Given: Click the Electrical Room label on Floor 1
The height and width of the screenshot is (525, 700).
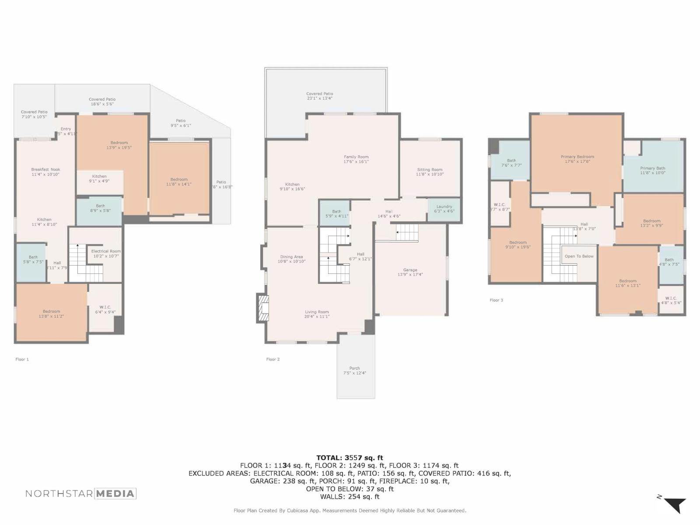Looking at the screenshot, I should point(105,252).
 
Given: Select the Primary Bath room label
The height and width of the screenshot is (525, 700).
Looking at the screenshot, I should point(652,168).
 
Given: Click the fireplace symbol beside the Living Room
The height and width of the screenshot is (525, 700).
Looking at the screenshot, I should point(263,309).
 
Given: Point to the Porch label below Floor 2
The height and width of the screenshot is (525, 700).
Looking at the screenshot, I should point(354,368).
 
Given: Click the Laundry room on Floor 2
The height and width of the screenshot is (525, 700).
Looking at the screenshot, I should point(444,209).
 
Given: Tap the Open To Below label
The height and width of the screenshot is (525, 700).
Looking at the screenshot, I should point(579,256).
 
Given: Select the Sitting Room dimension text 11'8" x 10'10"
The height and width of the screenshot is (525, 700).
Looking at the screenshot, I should point(430,174).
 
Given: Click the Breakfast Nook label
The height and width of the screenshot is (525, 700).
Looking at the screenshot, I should point(45,169).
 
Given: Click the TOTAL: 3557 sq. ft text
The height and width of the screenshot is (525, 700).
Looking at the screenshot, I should point(350,458).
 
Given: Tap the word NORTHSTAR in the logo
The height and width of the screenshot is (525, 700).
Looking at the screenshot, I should point(59,494).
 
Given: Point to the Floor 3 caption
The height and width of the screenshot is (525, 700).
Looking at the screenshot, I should point(496,300).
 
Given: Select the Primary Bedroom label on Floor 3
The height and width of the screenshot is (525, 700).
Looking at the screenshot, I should point(577,157).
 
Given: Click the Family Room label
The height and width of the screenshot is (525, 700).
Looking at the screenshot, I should point(356,157).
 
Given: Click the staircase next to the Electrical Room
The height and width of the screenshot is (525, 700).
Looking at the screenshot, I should point(86,263).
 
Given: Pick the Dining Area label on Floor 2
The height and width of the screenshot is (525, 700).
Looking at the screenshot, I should point(291,257).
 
